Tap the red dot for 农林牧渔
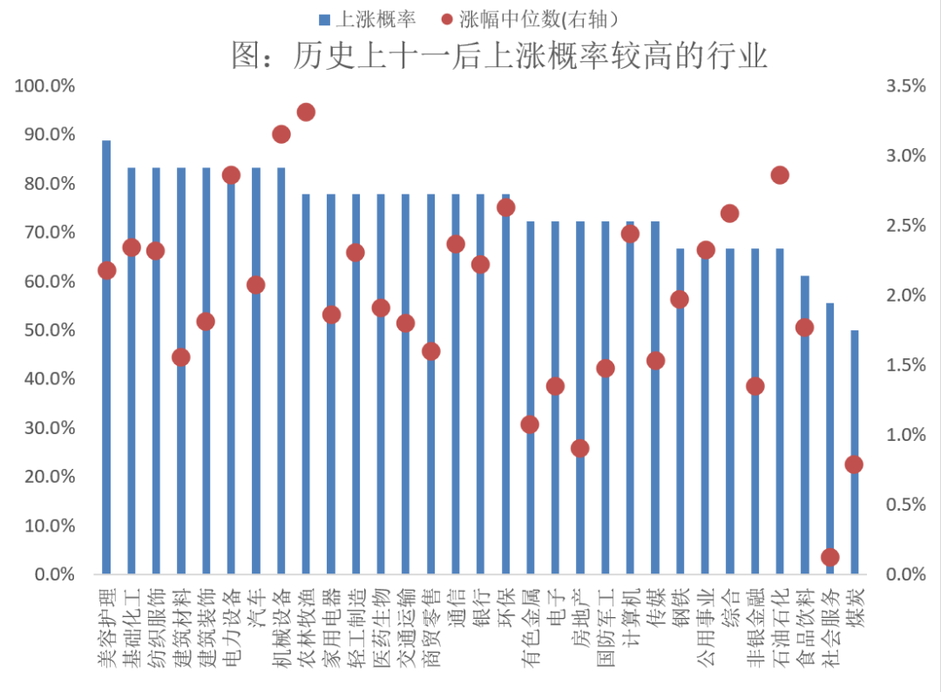pos(306,112)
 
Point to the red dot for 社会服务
pos(829,557)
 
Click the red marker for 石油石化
pos(780,175)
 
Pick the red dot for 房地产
pos(580,448)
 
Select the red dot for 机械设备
pos(281,134)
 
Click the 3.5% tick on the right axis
pos(904,86)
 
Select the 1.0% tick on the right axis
pos(904,435)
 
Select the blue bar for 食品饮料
pos(805,436)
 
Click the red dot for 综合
pos(730,214)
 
